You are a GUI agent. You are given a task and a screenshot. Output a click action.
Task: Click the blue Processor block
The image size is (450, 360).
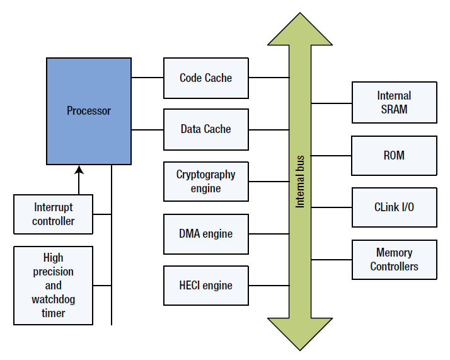pos(89,111)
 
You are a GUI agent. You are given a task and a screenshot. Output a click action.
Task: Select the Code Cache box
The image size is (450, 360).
pos(206,78)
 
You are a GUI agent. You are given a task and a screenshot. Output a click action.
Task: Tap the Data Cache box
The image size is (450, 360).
pos(206,129)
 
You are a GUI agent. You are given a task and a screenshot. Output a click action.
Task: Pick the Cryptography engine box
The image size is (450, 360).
pos(206,182)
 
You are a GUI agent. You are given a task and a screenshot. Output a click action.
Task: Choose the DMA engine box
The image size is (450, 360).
pos(206,234)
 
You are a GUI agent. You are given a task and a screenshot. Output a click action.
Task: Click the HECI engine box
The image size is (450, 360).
pos(206,286)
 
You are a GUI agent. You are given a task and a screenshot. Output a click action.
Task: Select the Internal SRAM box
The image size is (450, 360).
pos(394,102)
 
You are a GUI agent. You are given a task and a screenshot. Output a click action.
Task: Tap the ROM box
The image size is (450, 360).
pos(394,155)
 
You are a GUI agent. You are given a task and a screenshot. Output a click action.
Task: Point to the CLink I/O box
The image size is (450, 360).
pos(394,207)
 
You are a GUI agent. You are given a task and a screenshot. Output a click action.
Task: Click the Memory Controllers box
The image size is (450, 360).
pos(394,259)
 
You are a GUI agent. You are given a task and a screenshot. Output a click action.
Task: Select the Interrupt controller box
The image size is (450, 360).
pos(54,214)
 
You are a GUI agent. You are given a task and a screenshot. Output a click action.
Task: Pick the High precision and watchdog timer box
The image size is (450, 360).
pos(54,286)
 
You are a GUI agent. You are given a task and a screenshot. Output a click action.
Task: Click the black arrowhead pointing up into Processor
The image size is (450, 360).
pos(79,170)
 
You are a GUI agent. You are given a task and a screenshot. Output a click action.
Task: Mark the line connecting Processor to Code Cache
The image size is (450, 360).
pos(147,78)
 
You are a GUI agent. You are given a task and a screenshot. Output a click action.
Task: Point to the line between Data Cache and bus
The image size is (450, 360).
pos(268,129)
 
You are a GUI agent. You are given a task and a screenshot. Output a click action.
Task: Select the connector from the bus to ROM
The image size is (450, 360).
pos(332,155)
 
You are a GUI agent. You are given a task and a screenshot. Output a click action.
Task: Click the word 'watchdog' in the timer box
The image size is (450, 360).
pos(54,299)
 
